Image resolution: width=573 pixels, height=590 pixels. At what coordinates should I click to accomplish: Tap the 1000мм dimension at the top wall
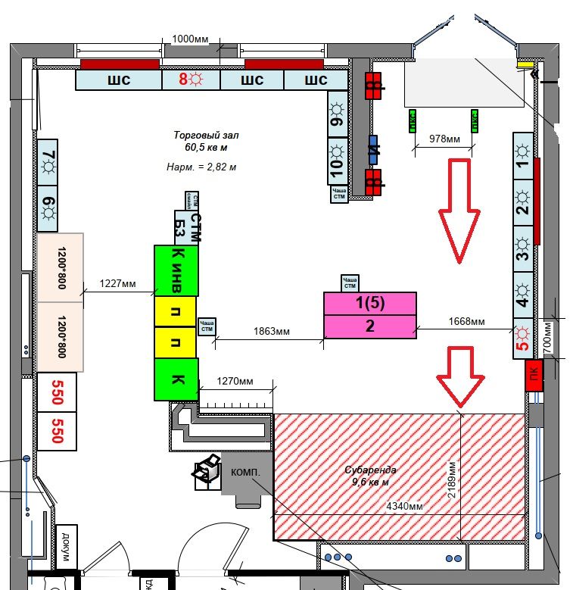point(191,39)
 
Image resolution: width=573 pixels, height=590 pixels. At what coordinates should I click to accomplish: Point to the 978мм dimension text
point(444,139)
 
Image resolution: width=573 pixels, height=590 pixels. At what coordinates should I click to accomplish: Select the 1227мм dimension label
point(118,284)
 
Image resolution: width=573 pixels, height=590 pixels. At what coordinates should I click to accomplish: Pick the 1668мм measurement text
point(466,321)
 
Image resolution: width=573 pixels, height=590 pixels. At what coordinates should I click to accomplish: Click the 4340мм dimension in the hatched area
point(405,505)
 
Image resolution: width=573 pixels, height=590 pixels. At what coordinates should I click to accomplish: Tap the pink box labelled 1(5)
point(370,304)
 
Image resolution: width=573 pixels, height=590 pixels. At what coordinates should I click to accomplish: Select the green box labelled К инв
point(177,270)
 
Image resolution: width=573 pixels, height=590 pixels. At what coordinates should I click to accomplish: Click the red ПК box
point(535,376)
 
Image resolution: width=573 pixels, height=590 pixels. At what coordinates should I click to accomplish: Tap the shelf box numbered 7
point(48,162)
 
